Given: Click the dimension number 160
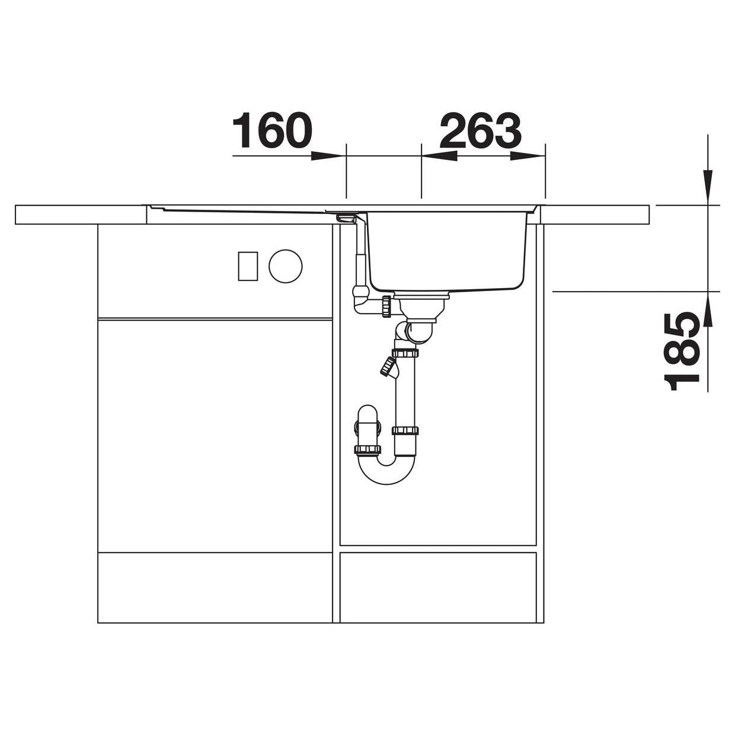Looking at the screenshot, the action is pos(272,130).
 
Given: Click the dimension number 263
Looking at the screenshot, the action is pos(480,130).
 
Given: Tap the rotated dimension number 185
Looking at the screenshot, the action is pos(682,351).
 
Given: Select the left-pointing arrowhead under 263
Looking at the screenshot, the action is pos(439,156).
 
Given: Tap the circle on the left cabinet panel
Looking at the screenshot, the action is pos(285,266).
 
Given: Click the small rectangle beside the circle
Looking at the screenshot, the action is pos(248,266).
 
